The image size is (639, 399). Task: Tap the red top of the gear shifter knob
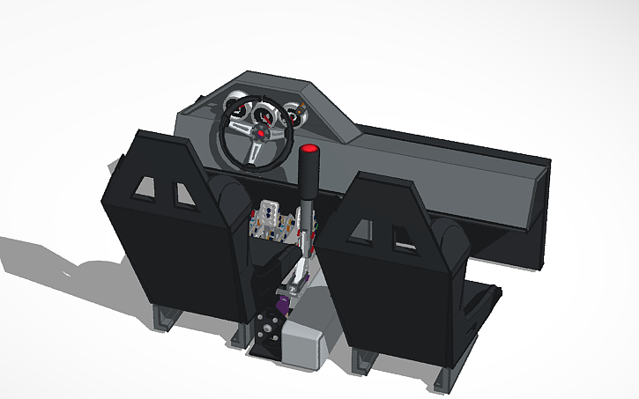point(309,147)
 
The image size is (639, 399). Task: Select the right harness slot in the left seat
point(185,193)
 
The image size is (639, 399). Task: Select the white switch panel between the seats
point(271,219)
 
